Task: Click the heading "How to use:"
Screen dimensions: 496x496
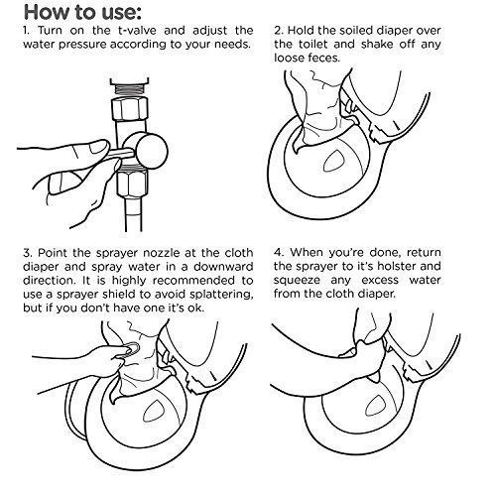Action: tap(82, 13)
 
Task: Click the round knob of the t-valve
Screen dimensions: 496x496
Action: tap(152, 152)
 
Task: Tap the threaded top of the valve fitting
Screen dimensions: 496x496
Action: tap(129, 88)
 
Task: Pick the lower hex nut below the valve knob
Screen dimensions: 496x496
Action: tap(132, 184)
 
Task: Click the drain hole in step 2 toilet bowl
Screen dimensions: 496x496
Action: tap(334, 161)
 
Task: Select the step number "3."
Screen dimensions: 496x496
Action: tap(29, 253)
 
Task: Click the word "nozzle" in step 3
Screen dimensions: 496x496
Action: tap(162, 253)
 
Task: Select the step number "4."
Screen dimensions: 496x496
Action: tap(280, 253)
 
